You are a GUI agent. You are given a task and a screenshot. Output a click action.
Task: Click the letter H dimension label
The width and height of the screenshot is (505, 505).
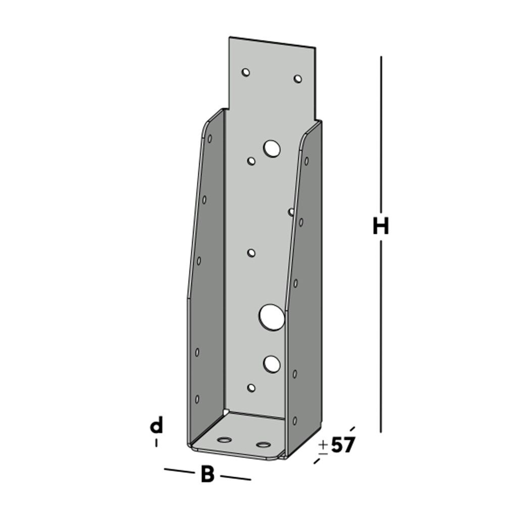tap(381, 227)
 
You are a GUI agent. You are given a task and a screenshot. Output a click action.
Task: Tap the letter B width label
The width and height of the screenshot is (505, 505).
tap(207, 475)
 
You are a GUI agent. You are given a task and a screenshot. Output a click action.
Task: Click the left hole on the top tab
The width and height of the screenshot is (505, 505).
tap(245, 72)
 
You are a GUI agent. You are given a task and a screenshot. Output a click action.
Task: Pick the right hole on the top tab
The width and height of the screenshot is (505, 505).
tap(298, 79)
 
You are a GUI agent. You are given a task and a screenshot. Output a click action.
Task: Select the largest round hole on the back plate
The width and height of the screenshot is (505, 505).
tap(272, 317)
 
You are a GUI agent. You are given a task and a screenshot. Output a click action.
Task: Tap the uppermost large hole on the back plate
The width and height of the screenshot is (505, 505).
tap(272, 148)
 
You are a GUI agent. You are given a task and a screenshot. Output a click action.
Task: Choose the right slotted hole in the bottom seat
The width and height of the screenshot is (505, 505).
tap(263, 445)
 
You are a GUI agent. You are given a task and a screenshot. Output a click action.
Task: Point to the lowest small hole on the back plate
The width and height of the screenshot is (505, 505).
tap(251, 388)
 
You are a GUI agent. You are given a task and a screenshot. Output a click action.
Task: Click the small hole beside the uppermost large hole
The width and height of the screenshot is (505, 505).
tap(251, 161)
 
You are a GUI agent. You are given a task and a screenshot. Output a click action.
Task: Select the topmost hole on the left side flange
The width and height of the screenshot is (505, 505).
tap(210, 138)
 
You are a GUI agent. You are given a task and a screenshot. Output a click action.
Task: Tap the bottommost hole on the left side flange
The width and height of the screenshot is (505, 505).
tap(197, 399)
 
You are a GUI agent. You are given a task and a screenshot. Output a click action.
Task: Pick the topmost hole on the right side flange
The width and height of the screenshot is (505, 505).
tap(307, 161)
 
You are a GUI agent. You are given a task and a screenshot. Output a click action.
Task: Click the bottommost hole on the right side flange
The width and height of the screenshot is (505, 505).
tap(295, 421)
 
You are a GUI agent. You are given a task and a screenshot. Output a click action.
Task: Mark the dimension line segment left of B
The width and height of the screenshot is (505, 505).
tap(179, 471)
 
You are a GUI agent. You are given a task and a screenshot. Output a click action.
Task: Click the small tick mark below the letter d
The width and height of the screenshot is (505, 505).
tap(157, 442)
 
